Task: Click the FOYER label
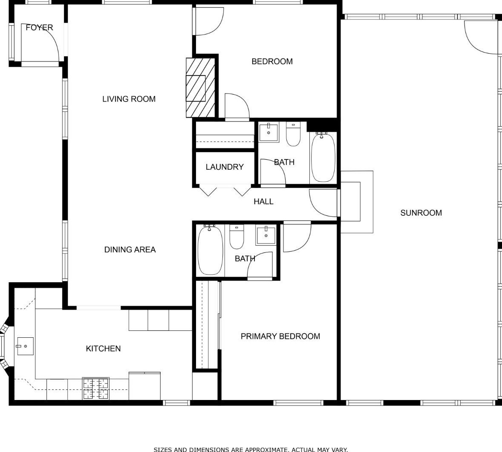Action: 39,28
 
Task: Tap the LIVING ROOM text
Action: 129,99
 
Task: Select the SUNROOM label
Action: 421,213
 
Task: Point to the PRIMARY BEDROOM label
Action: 280,336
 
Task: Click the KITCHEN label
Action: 103,348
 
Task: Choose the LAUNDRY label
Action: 225,167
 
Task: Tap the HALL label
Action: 263,202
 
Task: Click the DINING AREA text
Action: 130,249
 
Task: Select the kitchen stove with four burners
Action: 96,388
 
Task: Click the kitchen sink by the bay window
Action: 25,346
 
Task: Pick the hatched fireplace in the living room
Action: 200,88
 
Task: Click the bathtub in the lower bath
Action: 210,250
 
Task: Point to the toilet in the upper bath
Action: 293,134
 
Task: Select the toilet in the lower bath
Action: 237,237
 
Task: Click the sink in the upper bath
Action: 268,132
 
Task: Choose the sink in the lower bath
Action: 265,235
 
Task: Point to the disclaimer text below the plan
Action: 251,449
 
